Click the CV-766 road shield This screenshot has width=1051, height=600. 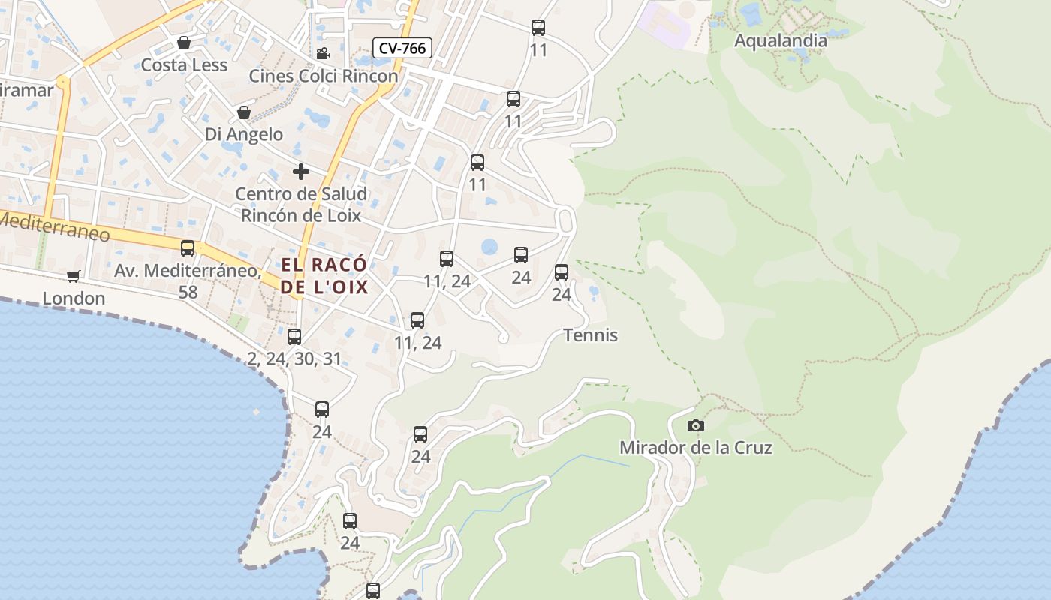tap(402, 49)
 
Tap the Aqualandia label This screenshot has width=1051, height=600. tap(780, 40)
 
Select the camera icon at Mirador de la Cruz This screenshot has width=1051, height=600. tap(696, 425)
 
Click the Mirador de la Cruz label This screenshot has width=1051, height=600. tap(695, 448)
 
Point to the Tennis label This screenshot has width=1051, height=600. tap(590, 334)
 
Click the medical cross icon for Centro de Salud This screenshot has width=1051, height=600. tap(301, 172)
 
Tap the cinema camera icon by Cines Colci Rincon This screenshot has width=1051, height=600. tap(323, 53)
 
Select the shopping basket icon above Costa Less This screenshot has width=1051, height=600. tap(184, 42)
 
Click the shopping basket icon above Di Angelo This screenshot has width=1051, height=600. tap(244, 112)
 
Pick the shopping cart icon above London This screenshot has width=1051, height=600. tap(74, 276)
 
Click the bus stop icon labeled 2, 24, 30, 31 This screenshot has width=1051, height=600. tap(294, 336)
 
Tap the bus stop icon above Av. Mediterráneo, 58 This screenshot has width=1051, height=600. tap(188, 247)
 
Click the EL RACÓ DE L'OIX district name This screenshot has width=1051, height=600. tap(324, 275)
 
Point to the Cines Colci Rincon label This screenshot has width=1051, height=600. tap(324, 76)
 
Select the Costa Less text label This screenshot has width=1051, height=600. tap(184, 64)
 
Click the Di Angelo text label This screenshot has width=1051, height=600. tap(244, 134)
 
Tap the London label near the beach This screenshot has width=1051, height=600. tap(74, 298)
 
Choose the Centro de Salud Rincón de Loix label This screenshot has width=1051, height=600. tap(301, 205)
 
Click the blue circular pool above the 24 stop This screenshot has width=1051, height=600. tap(489, 245)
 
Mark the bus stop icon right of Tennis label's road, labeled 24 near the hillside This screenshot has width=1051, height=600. tap(562, 272)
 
